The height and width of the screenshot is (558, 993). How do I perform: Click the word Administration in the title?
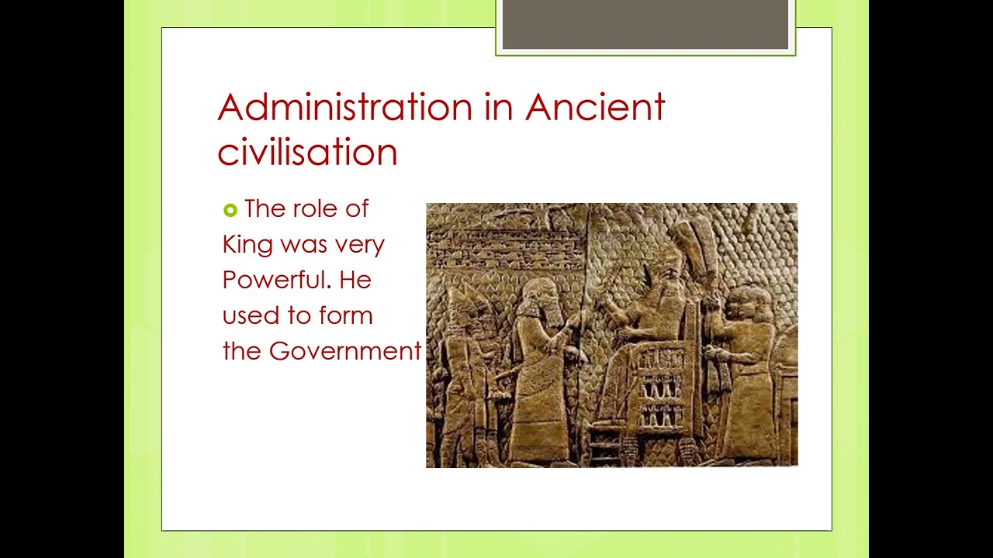(345, 107)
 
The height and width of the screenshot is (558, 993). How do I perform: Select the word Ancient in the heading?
(595, 107)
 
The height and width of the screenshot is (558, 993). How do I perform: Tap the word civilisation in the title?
(307, 151)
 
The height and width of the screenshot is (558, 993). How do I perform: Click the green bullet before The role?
(230, 210)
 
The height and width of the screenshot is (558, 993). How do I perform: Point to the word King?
(247, 245)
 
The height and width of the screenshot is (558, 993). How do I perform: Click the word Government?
(344, 351)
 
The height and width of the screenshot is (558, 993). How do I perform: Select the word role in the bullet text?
(316, 208)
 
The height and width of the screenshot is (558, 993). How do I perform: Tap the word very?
(359, 245)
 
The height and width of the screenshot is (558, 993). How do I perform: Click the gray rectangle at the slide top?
(645, 25)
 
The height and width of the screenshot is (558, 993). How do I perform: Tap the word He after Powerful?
(355, 280)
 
